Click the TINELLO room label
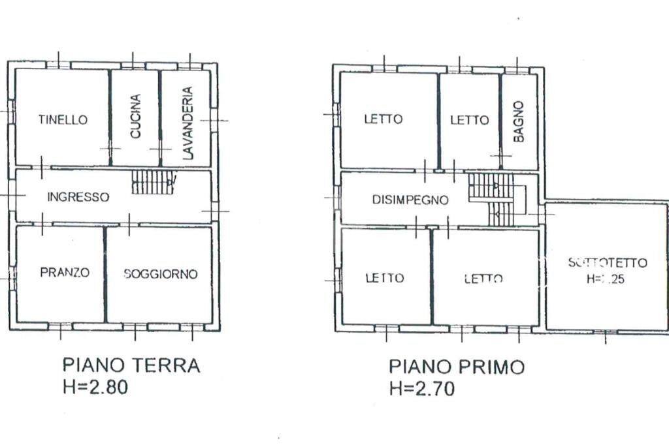coord(63,119)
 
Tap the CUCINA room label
coord(135,117)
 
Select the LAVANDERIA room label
coord(188,123)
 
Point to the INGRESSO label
coord(78,196)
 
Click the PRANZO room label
coord(65,273)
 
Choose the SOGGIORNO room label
coord(161,274)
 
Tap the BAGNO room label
coord(519,121)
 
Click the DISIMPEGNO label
coord(410,200)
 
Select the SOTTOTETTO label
coord(608,263)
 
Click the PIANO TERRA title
coord(131,365)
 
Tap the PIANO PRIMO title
coord(457,367)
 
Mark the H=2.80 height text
coord(95,387)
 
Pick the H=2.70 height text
coord(421,389)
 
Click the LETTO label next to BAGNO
coord(469,120)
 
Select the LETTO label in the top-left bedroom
coord(383,119)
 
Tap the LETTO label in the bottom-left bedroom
coord(384,278)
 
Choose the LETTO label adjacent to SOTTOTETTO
coord(483,279)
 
